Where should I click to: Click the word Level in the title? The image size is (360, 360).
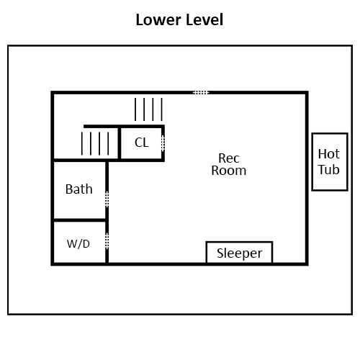coord(204,19)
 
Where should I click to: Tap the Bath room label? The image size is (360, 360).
coord(79,189)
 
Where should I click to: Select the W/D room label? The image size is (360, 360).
coord(78,244)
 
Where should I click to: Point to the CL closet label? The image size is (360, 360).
coord(142,143)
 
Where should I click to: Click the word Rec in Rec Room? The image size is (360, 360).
coord(229,158)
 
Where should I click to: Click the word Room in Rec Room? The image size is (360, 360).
coord(229,171)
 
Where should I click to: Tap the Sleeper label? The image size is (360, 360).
coord(240,253)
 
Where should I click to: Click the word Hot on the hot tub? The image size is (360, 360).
coord(329,154)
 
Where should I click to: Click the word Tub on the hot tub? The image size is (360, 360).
coord(329,169)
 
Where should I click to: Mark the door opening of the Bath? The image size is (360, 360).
coord(107,199)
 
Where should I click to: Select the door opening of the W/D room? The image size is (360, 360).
coord(107,240)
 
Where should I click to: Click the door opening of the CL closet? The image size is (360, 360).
coord(163,143)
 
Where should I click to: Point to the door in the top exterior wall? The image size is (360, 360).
coord(201,93)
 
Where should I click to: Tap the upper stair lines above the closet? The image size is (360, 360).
coord(148,109)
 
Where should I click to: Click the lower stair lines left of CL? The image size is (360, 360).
coord(95,143)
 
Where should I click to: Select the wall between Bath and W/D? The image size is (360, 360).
coord(80,220)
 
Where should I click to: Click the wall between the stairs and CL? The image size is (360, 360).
coord(120,143)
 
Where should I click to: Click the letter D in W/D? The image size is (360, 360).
coord(86,244)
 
